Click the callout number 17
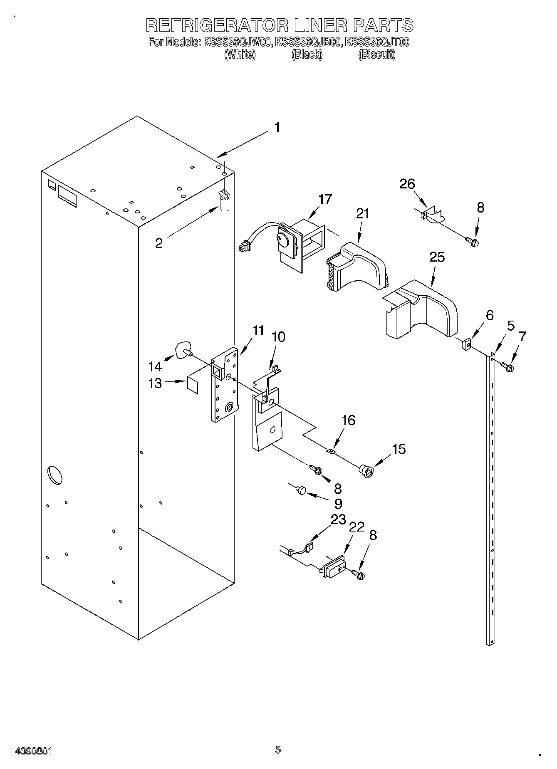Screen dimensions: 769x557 coord(325,199)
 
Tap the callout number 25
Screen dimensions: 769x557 coord(437,257)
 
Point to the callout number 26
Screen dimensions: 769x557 coord(407,184)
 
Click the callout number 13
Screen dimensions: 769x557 coord(155,383)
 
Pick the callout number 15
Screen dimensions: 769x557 coord(399,449)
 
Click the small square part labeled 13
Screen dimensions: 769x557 coord(193,384)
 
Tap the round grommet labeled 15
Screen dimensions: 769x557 coord(366,471)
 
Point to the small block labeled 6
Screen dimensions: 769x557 coord(466,345)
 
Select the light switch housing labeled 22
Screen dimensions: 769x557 coord(334,567)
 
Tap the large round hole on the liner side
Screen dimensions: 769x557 coord(55,475)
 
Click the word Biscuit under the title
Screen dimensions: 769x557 coord(376,54)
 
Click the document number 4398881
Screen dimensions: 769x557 coord(33,751)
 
